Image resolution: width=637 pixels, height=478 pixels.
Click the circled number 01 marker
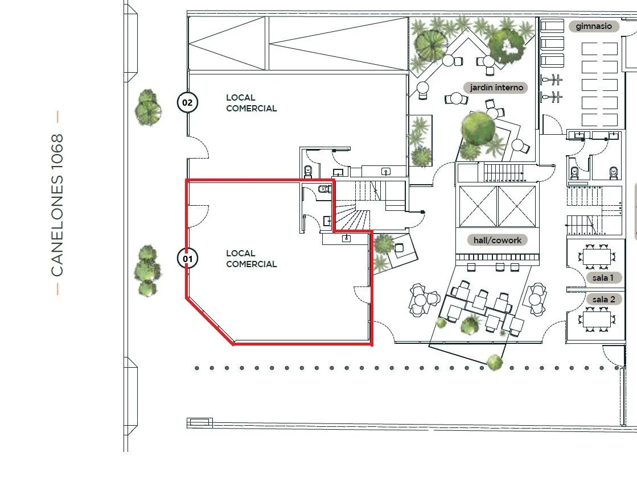point(187,259)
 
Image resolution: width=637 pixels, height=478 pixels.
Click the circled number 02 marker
point(187,102)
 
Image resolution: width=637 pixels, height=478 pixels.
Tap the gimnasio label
point(594,26)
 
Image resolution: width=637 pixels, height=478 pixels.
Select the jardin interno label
point(496,87)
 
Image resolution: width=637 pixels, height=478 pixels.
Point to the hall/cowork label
point(498,240)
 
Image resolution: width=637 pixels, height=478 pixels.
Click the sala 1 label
point(603,278)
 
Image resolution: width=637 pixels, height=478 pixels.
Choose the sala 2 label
point(603,300)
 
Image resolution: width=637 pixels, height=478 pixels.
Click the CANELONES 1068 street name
point(57,205)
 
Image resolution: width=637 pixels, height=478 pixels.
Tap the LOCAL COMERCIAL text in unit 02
point(251,103)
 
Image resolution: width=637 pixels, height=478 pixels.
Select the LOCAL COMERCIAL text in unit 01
point(251,259)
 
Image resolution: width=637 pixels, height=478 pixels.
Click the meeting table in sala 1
point(597,256)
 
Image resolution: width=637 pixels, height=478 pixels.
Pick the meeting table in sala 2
point(597,319)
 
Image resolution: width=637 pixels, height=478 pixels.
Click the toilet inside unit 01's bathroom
point(324,189)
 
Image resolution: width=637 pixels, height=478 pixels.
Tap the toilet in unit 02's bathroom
point(309,171)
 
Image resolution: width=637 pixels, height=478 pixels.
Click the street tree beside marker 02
point(148,107)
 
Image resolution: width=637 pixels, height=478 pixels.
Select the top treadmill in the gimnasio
point(552,26)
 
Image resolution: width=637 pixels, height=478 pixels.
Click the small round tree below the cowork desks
point(494,361)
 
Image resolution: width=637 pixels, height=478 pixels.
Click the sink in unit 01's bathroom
point(327,221)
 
